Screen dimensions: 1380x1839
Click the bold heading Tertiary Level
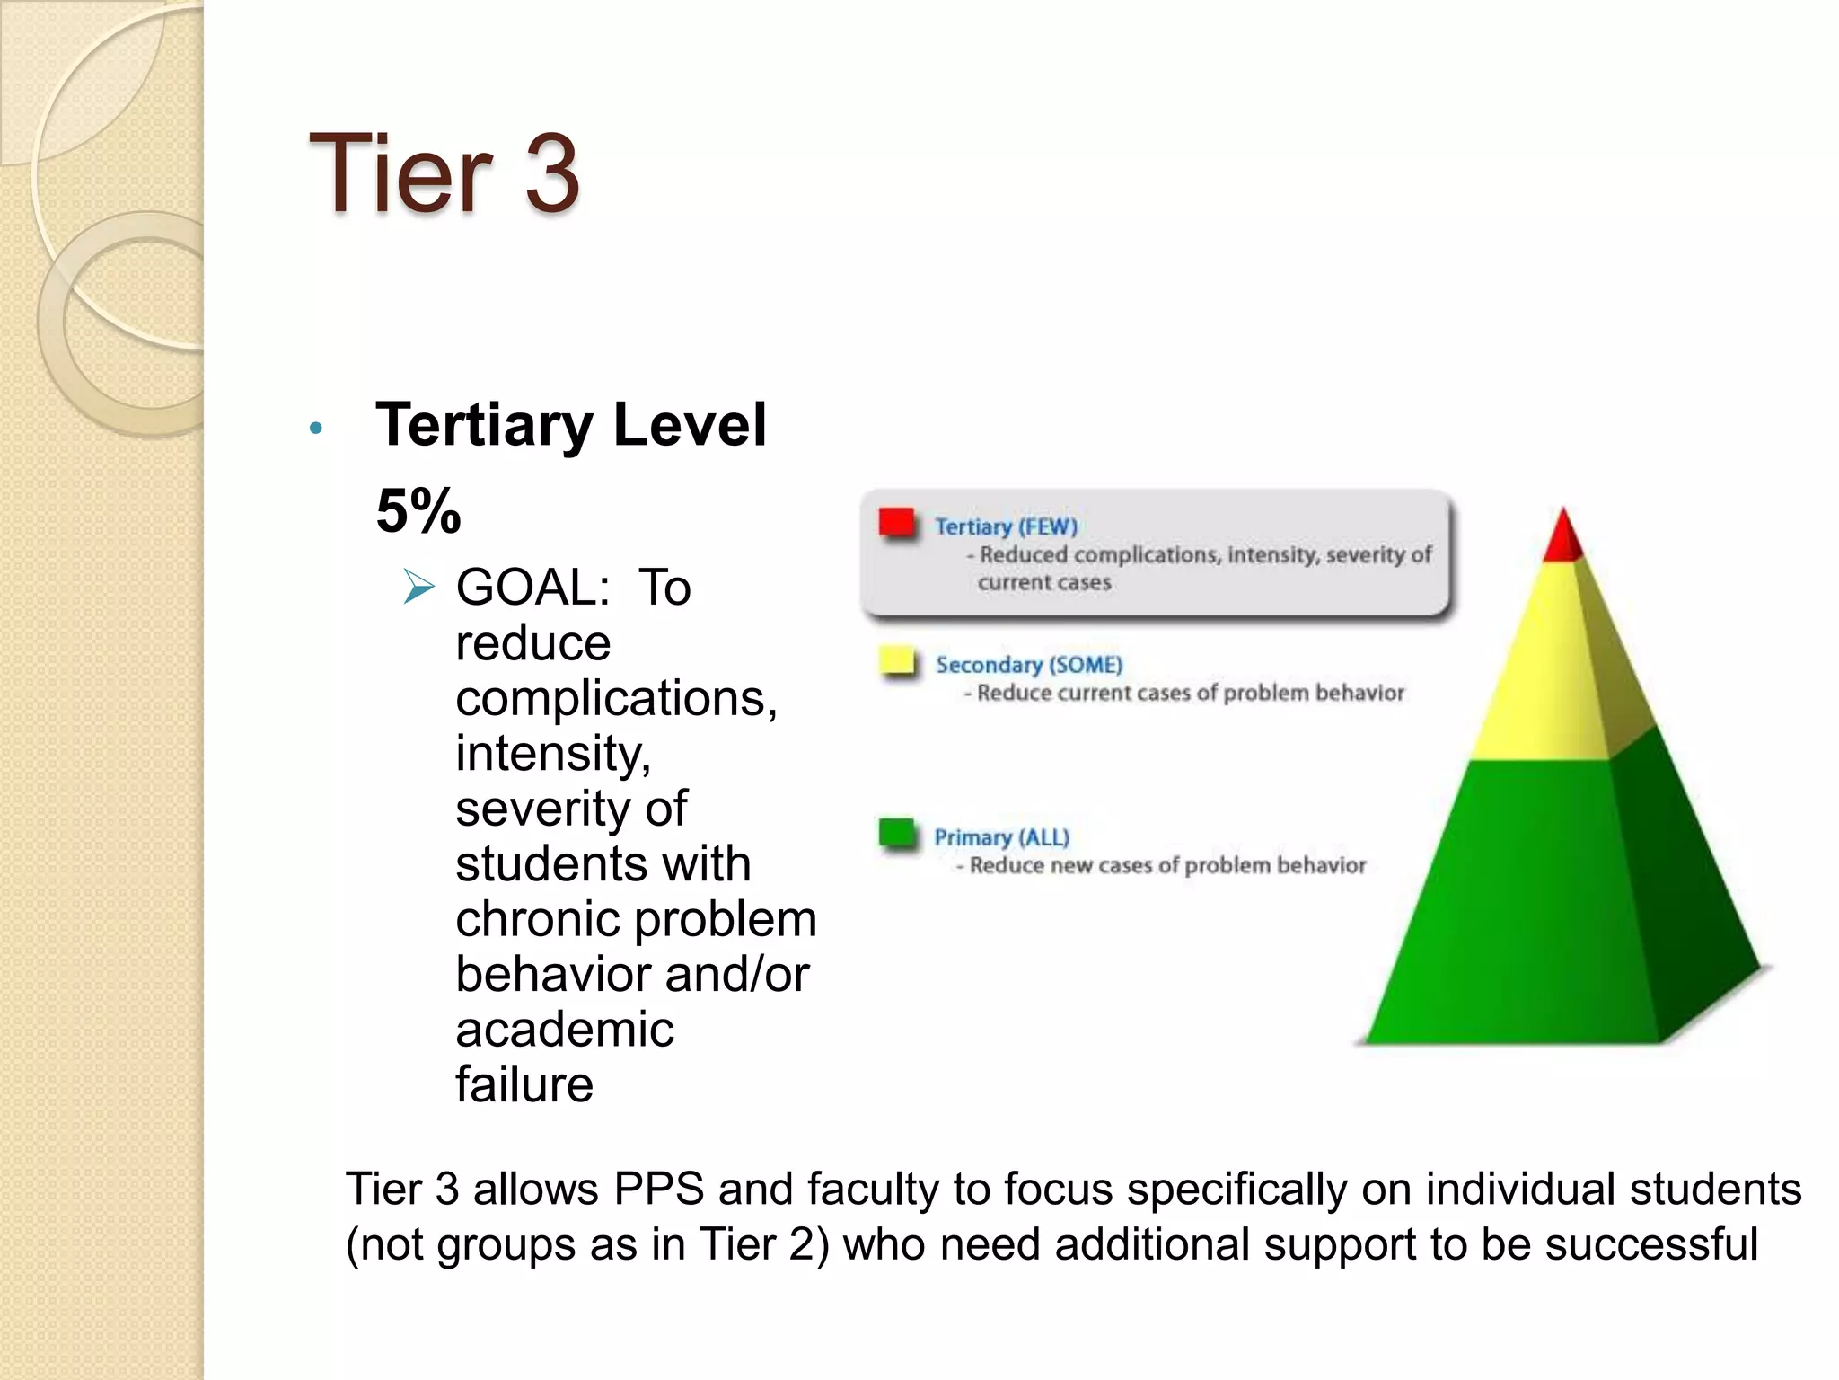click(x=571, y=424)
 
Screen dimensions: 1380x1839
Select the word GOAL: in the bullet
click(x=533, y=588)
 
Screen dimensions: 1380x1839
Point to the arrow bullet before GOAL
click(x=418, y=588)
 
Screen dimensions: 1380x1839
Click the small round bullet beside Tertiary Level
click(x=315, y=429)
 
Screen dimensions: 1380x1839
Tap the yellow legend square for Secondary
click(x=897, y=661)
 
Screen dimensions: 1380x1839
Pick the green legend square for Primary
click(x=896, y=834)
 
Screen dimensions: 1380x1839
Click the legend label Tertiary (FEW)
click(x=1006, y=526)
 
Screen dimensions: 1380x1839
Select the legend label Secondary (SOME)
click(x=1029, y=665)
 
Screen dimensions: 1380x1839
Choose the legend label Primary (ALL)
click(x=1002, y=837)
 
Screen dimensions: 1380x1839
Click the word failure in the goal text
click(x=524, y=1084)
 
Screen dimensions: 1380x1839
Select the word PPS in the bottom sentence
click(x=659, y=1190)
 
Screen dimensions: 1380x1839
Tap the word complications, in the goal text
click(x=616, y=698)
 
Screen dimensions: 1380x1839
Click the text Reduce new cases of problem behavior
click(x=1167, y=865)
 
